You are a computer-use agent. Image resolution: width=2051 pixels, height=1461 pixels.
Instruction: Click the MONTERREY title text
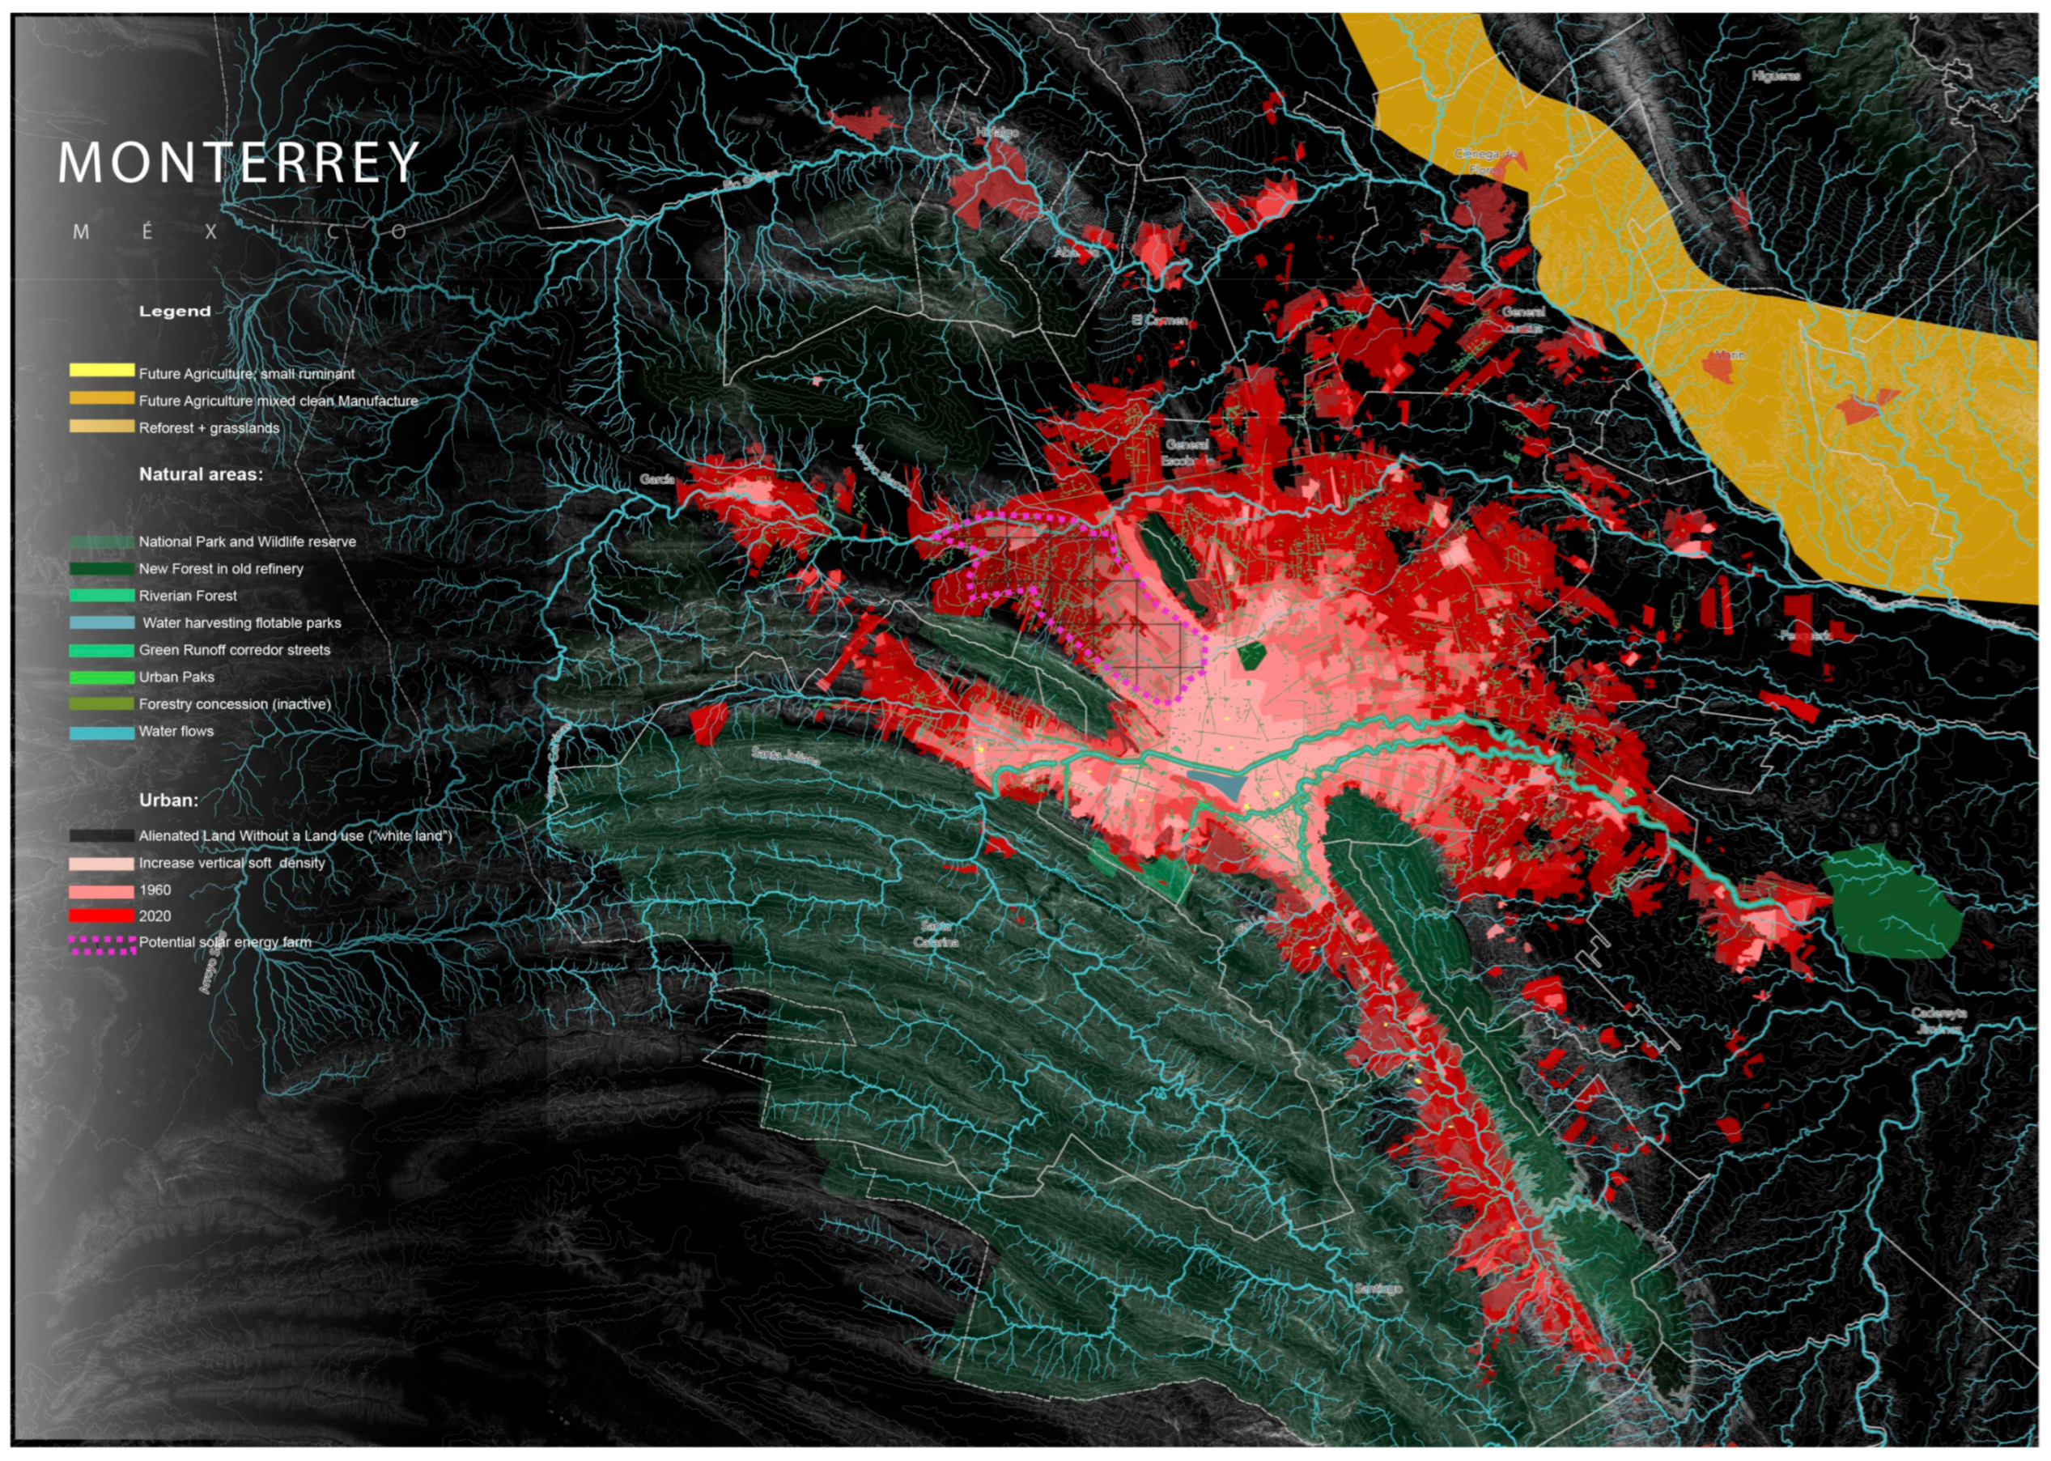(x=239, y=162)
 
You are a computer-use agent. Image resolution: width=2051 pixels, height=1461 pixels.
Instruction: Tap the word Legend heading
(x=175, y=312)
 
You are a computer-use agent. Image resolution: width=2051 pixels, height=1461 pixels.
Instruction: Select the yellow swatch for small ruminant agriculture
(x=102, y=370)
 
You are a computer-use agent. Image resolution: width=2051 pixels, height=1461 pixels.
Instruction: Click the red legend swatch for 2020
(x=102, y=915)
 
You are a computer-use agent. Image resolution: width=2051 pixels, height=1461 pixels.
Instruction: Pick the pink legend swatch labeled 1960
(x=102, y=890)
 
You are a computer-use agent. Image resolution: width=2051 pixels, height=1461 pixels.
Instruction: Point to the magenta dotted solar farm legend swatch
(x=102, y=944)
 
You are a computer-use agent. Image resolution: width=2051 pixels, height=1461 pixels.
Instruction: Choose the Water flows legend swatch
(x=102, y=733)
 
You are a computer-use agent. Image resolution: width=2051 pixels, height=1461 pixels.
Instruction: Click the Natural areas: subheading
(x=201, y=474)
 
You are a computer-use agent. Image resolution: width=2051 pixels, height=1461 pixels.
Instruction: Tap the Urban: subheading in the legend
(x=168, y=800)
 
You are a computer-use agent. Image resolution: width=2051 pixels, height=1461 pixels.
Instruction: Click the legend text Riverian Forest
(x=187, y=596)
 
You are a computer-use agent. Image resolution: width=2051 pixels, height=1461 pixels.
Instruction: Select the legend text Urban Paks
(x=176, y=677)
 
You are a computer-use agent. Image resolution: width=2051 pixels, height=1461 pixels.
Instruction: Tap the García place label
(x=657, y=479)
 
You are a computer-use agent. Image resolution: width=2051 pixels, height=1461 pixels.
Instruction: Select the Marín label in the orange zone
(x=1728, y=355)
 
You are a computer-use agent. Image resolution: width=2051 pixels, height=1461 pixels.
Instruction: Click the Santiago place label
(x=1378, y=1289)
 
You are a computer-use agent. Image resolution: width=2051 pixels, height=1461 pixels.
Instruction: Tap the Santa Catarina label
(x=936, y=934)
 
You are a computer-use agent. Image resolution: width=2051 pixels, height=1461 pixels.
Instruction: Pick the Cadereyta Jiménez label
(x=1939, y=1020)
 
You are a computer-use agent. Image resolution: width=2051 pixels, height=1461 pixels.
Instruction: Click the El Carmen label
(x=1160, y=321)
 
